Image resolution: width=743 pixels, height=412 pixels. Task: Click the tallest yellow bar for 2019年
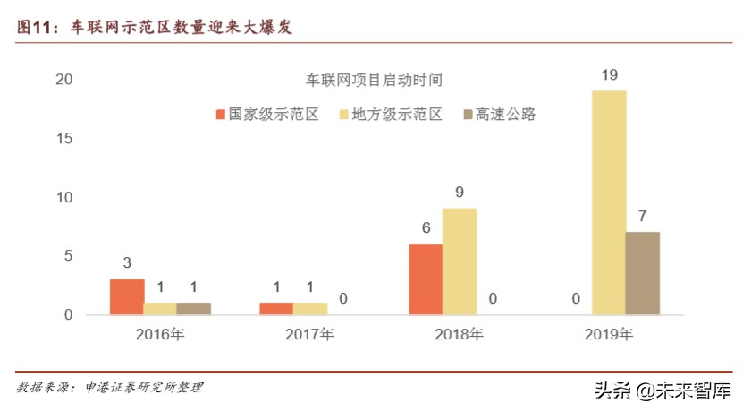coord(608,202)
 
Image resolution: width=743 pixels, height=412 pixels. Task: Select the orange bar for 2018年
coord(426,279)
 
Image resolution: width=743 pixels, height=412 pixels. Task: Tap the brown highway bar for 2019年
coord(642,273)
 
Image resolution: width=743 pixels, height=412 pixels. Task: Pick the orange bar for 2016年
coord(127,296)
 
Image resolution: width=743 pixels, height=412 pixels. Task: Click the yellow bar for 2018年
coord(460,261)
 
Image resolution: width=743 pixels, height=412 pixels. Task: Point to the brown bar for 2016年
coord(193,308)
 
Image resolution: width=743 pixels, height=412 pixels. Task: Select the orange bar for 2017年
coord(276,308)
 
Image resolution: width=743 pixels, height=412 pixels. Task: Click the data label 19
coord(608,75)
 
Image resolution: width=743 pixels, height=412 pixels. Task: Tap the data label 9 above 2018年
coord(460,193)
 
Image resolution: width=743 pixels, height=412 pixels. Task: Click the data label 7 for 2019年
coord(642,216)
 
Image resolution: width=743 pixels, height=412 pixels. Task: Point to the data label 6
coord(426,227)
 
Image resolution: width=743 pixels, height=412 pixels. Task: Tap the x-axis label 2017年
coord(309,336)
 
